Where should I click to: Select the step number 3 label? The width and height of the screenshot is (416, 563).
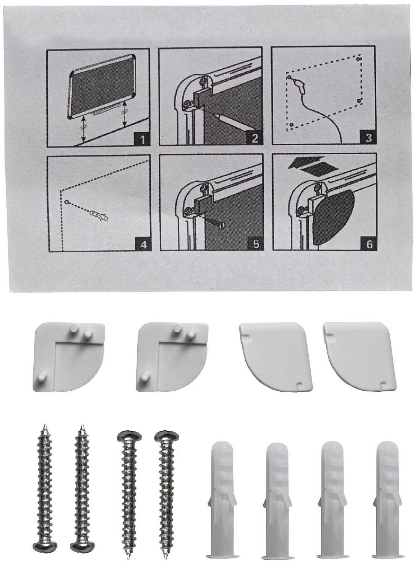[x=368, y=137]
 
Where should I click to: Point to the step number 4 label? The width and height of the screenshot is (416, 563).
[x=143, y=245]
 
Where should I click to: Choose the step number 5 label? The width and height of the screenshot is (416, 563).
[x=256, y=244]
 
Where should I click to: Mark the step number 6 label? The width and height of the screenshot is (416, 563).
[x=369, y=244]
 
